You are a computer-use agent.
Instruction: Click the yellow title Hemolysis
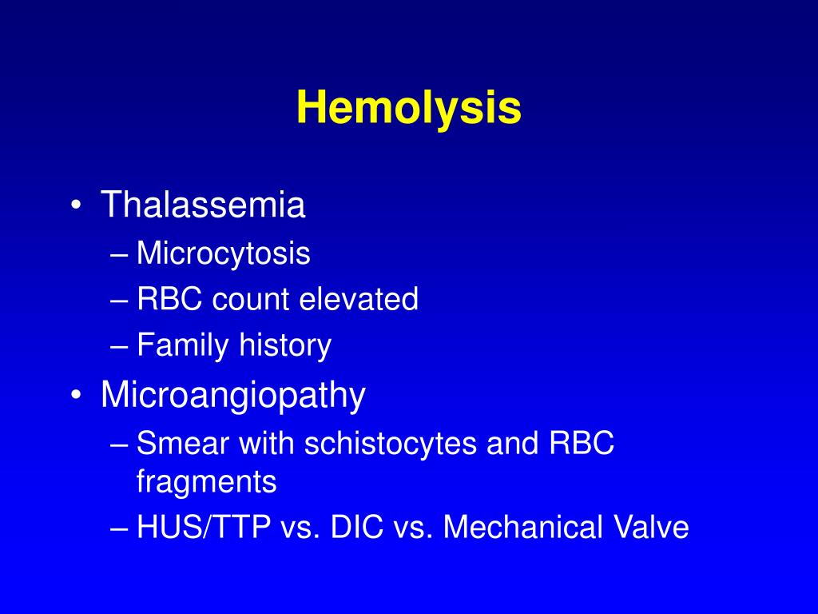coord(409,108)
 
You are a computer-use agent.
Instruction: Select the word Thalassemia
coord(203,205)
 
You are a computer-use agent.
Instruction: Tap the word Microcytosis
coord(224,254)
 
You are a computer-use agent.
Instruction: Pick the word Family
coord(183,345)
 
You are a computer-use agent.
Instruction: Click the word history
coord(285,345)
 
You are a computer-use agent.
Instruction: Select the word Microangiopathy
coord(233,396)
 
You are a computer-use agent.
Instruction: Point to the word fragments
coord(207,482)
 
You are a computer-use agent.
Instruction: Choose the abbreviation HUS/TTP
coord(203,528)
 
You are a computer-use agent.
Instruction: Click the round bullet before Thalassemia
coord(76,207)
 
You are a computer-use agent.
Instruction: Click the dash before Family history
coord(121,346)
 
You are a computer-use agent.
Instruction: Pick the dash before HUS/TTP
coord(121,528)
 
